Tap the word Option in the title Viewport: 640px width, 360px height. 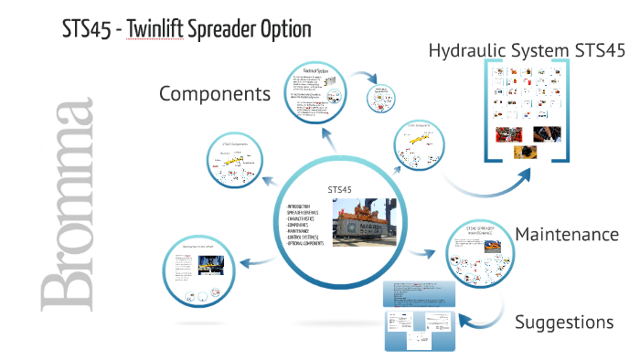(x=283, y=29)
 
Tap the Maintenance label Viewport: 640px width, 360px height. (x=567, y=235)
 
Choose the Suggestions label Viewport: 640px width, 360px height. (x=563, y=322)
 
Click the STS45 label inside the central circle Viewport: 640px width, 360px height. (x=339, y=189)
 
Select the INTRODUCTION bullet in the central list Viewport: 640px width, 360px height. (x=306, y=208)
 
